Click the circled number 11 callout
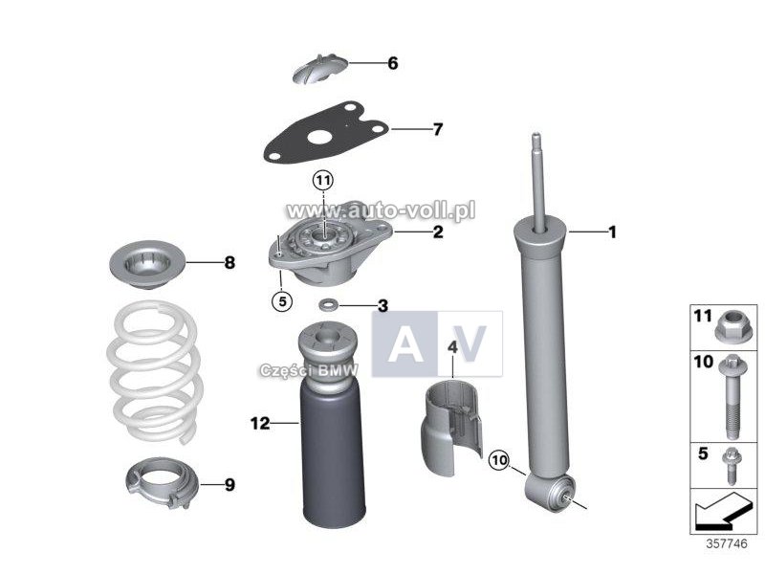(x=323, y=181)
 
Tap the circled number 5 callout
(x=282, y=300)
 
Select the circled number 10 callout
(x=499, y=460)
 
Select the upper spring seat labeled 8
(x=147, y=264)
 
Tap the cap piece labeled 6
(x=320, y=69)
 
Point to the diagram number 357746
(x=727, y=543)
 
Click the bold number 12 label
(x=260, y=423)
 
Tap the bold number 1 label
(x=612, y=232)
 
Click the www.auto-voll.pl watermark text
(x=381, y=210)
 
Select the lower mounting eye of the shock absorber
(x=550, y=492)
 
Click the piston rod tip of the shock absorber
(x=535, y=138)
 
